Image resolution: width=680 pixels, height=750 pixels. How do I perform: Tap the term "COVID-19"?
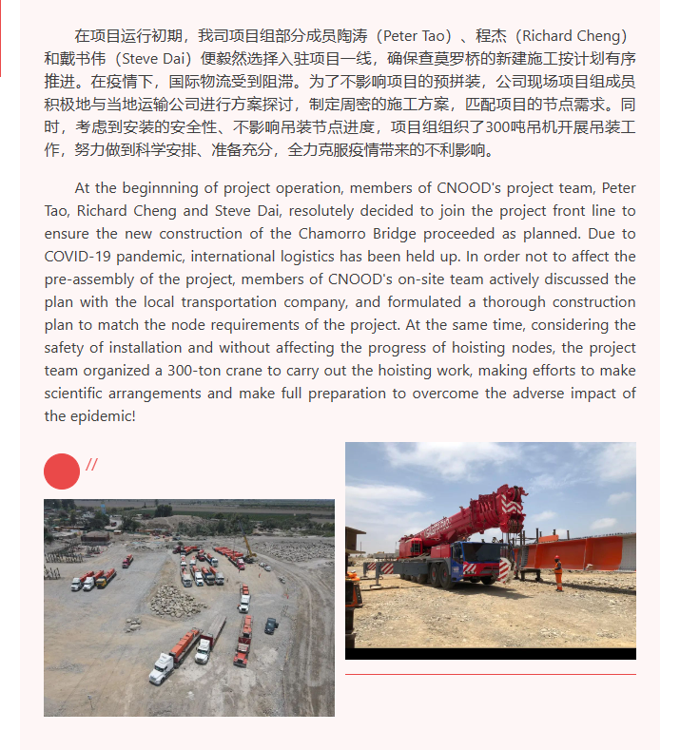(x=79, y=257)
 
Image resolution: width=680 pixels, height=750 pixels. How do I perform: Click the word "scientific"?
(x=77, y=394)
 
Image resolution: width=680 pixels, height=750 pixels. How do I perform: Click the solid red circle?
(x=62, y=471)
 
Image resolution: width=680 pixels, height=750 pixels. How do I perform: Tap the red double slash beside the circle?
(x=92, y=465)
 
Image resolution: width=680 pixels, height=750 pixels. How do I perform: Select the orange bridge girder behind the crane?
(x=579, y=551)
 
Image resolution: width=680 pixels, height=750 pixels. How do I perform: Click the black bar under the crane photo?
(x=490, y=654)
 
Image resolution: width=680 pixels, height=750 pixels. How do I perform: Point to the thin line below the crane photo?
(x=490, y=675)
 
